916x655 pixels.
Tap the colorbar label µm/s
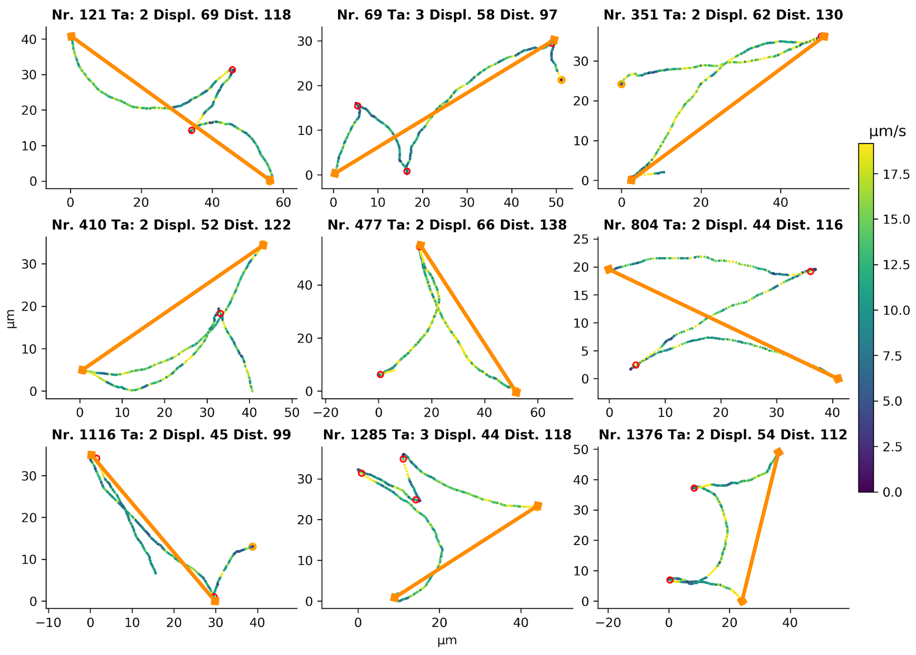887,132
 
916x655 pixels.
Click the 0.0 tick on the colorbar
892,492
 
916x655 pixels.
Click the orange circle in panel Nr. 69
561,80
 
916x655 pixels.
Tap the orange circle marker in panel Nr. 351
622,84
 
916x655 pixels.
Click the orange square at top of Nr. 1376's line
778,452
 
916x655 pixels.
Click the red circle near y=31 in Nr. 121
232,70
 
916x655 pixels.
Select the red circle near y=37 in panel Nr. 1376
694,488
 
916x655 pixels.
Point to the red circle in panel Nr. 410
220,314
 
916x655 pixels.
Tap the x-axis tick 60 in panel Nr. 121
283,202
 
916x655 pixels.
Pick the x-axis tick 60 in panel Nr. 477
537,412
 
